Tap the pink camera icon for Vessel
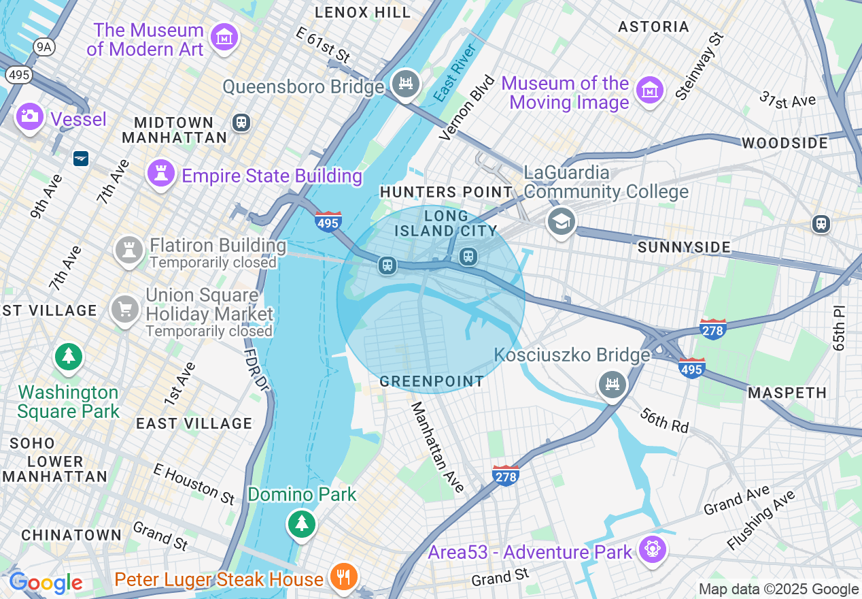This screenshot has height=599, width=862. click(x=29, y=116)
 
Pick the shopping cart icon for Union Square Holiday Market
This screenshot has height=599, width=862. click(x=125, y=310)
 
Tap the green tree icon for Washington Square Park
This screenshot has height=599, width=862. click(x=68, y=357)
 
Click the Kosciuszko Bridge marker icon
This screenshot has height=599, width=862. click(x=613, y=385)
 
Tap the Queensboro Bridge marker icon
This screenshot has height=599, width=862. click(x=406, y=84)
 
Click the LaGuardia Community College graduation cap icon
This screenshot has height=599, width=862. click(x=562, y=221)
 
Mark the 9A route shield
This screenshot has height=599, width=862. click(x=44, y=46)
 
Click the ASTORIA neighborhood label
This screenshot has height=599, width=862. click(x=653, y=27)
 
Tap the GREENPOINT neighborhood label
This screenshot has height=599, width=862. click(x=432, y=381)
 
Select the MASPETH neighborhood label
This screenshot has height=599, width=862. click(x=787, y=393)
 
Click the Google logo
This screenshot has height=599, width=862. click(x=46, y=583)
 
